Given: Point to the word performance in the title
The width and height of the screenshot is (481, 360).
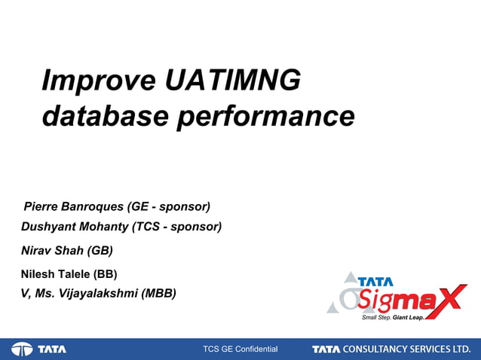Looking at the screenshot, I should click(265, 117).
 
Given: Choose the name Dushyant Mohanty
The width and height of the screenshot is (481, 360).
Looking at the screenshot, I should click(75, 227).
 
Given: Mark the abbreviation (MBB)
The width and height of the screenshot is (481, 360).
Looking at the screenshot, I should click(158, 294).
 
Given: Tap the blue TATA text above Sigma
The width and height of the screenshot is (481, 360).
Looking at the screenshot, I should click(375, 281).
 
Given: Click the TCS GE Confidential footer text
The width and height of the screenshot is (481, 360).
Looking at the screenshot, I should click(240, 349).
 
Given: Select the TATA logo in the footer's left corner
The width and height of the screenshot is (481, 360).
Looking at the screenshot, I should click(39, 349).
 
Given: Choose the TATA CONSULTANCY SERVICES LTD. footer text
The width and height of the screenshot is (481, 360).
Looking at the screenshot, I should click(391, 349).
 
